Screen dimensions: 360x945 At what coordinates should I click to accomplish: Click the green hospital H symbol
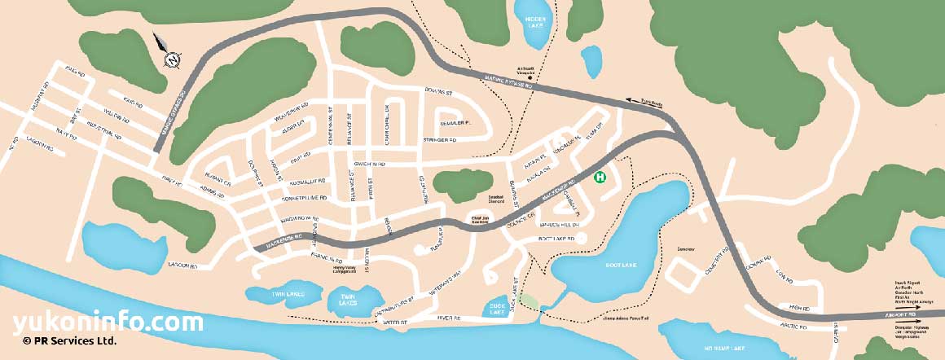tap(600, 177)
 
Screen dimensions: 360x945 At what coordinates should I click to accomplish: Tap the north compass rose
tap(172, 59)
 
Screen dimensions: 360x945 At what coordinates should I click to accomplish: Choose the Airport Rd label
tap(899, 314)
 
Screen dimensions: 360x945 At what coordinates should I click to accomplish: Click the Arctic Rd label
tap(791, 326)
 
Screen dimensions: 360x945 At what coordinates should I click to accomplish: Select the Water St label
tap(393, 323)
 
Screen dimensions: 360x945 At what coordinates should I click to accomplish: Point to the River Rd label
tap(449, 318)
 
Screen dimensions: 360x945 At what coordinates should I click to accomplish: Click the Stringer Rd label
tap(440, 140)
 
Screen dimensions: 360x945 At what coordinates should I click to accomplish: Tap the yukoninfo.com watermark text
tap(108, 323)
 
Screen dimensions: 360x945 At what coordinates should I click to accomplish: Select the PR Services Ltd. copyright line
tap(69, 341)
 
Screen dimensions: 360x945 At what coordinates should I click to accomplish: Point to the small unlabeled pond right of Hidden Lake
tap(591, 60)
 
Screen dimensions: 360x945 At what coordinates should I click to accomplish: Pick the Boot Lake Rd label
tap(556, 239)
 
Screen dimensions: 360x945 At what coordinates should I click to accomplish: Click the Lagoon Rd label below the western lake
tap(182, 266)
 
